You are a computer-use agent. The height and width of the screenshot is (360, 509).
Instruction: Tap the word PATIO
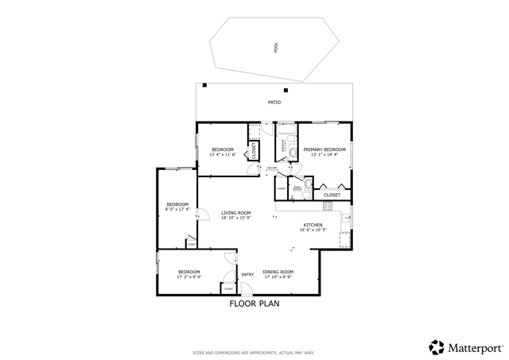click(274, 103)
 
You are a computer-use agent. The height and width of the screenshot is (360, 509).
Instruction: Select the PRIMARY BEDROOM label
click(324, 149)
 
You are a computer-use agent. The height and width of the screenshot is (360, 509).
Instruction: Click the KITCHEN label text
click(313, 225)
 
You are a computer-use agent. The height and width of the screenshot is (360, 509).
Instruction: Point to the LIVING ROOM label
click(236, 212)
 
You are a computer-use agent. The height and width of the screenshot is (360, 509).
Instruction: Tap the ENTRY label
click(247, 275)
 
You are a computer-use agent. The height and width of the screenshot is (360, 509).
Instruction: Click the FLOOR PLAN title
click(254, 304)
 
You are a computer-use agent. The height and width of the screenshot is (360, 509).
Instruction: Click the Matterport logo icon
click(437, 346)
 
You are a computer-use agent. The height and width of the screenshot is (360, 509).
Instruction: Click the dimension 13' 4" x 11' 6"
click(223, 154)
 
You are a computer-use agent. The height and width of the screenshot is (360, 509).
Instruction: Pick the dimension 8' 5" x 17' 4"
click(177, 210)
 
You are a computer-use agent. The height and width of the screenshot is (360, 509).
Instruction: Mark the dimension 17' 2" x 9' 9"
click(188, 277)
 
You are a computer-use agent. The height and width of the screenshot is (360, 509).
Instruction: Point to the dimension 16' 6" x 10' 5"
click(313, 230)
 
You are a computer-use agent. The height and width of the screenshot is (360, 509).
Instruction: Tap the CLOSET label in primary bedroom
click(332, 195)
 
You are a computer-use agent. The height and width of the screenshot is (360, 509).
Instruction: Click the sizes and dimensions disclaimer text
click(254, 352)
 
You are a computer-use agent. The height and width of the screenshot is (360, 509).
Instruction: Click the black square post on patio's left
click(204, 85)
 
